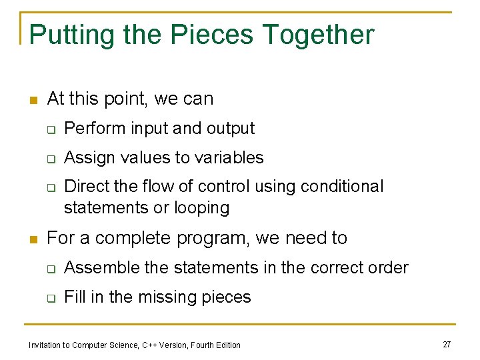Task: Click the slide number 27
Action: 447,344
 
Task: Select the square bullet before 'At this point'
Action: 33,101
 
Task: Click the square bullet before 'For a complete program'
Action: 33,239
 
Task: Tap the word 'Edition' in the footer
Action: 227,345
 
